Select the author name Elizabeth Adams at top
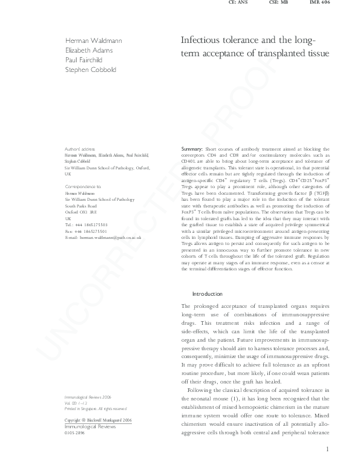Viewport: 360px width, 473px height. click(90, 50)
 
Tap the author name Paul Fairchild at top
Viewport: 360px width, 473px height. click(85, 60)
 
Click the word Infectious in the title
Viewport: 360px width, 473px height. click(201, 41)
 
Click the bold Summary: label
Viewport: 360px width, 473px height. click(193, 149)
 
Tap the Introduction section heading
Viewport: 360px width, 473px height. click(207, 294)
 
